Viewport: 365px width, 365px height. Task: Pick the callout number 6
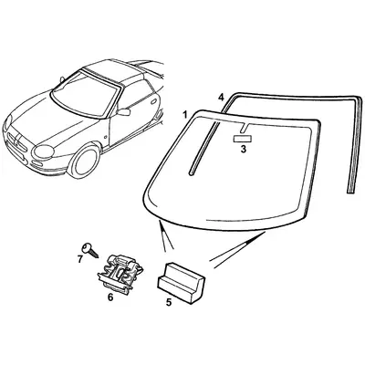coord(111,297)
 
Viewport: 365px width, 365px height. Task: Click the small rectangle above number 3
coord(243,139)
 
